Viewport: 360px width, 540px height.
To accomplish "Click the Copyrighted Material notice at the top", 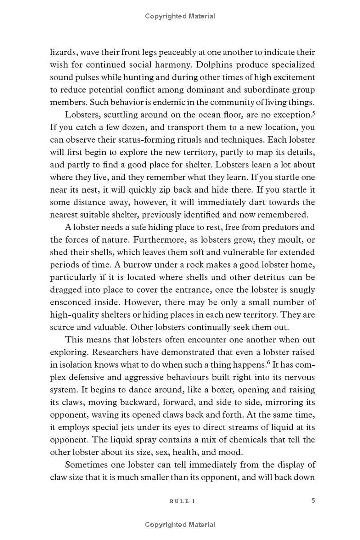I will click(180, 16).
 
